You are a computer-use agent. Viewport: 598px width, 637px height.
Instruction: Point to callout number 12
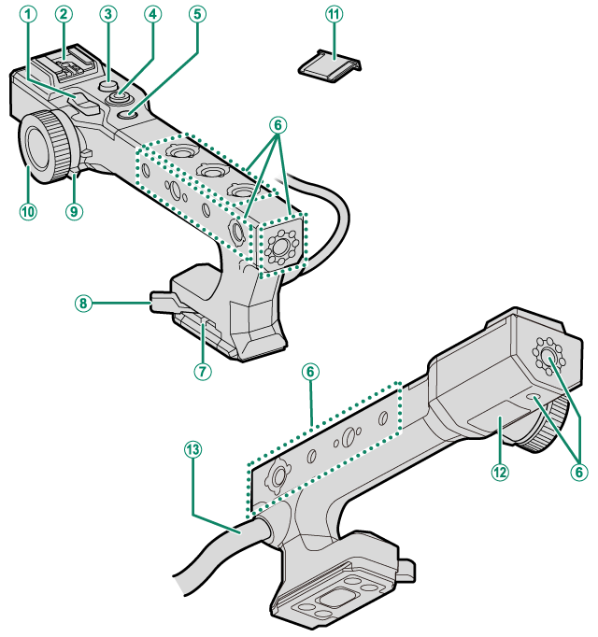point(500,473)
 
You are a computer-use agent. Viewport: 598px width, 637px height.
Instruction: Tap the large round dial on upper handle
point(44,143)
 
